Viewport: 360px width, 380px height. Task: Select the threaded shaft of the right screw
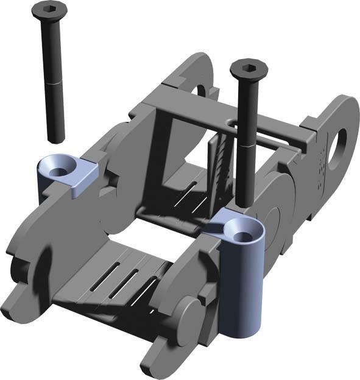pos(245,177)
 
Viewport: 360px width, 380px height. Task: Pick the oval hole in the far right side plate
pos(337,147)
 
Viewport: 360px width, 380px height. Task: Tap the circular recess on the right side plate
pos(272,225)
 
